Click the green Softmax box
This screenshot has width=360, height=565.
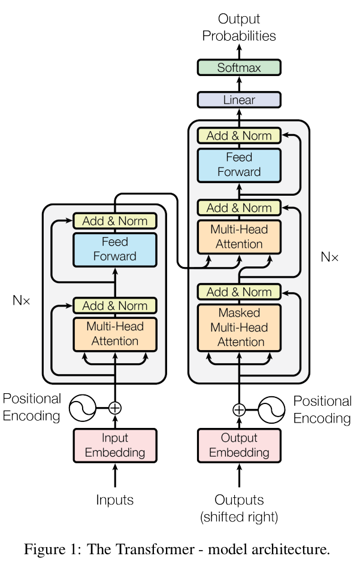coord(239,68)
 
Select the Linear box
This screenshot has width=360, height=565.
coord(239,100)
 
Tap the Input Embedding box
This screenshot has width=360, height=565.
coord(114,445)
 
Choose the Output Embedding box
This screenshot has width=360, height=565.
coord(239,445)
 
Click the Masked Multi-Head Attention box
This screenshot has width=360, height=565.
coord(239,328)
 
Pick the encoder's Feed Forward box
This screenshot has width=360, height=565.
coord(114,249)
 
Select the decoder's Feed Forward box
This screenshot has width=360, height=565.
coord(239,165)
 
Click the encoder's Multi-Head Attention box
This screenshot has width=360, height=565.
coord(114,334)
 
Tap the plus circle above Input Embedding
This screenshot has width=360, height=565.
coord(114,408)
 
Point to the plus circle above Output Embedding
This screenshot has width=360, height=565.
coord(239,409)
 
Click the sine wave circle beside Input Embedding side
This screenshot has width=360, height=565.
coord(82,408)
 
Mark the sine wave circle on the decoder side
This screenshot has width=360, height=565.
coord(271,409)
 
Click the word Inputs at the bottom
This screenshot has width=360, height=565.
coord(114,499)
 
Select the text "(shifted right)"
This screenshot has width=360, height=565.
coord(239,517)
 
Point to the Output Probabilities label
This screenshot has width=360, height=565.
coord(239,28)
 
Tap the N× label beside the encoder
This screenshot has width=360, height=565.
coord(21,300)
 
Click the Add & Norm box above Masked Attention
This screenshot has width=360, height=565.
coord(239,292)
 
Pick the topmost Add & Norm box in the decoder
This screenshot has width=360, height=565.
coord(239,136)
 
